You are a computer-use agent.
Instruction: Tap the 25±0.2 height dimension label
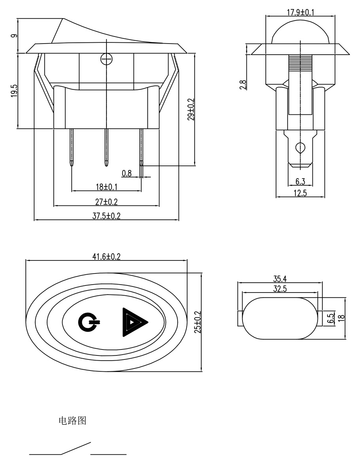point(198,322)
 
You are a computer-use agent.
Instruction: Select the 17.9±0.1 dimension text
point(300,12)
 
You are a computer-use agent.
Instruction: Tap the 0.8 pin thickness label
point(127,173)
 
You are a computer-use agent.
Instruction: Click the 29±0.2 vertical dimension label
point(191,110)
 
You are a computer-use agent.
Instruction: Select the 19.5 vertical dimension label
point(14,91)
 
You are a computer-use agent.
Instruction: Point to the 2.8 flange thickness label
point(243,85)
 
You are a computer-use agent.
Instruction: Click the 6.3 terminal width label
point(300,182)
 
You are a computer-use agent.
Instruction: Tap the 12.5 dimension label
point(300,193)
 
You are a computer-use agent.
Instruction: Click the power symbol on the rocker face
point(88,321)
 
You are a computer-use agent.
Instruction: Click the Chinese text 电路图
point(72,420)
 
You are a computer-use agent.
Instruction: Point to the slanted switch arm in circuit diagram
point(76,448)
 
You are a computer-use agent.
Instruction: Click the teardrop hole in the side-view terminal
point(300,148)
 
